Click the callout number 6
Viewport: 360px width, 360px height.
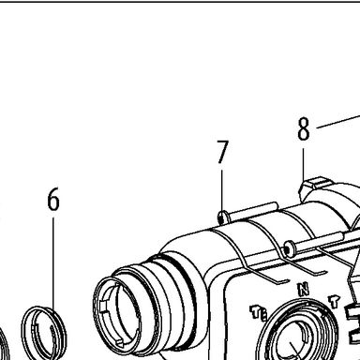(53, 199)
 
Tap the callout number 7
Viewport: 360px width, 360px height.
(223, 152)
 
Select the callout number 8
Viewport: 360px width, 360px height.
(304, 129)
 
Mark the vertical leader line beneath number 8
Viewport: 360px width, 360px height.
(303, 164)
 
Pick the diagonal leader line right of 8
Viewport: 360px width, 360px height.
(338, 122)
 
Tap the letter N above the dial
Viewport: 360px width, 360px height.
(302, 289)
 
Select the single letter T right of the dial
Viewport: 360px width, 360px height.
(334, 302)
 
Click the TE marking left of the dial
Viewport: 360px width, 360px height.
(259, 313)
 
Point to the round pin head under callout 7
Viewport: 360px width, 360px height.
(222, 217)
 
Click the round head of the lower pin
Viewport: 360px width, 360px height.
(288, 250)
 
